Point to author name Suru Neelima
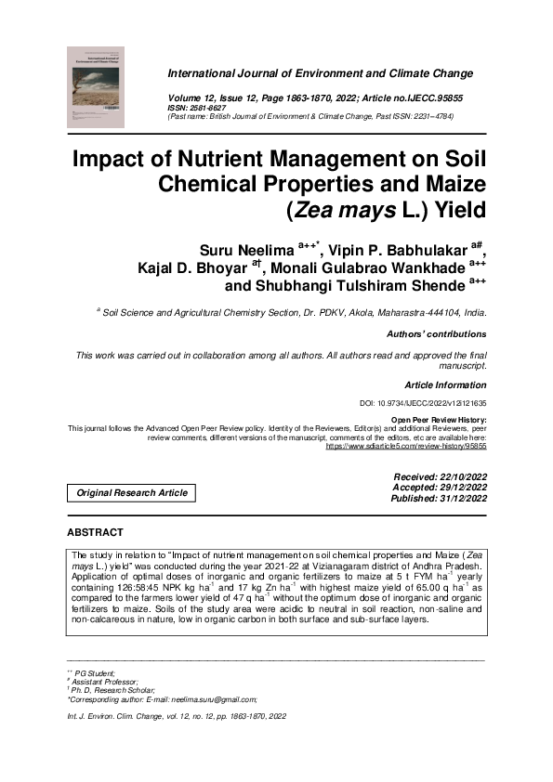coord(246,250)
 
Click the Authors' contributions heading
coord(435,334)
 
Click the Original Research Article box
coord(132,493)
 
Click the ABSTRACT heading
coord(95,532)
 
